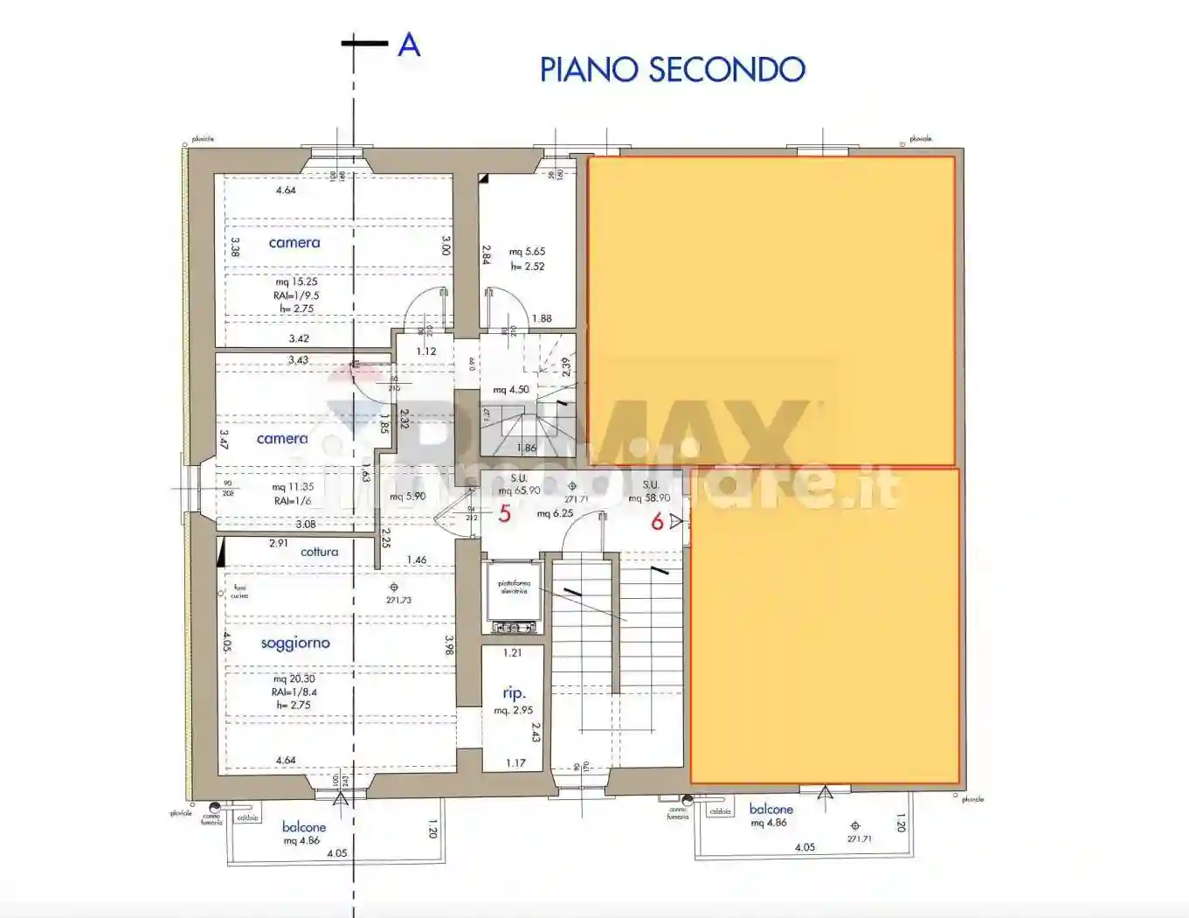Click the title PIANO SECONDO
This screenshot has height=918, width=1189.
(672, 70)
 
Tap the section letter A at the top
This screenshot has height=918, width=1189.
(409, 45)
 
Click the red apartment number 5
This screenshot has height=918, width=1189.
(504, 514)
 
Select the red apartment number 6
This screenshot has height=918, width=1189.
(657, 522)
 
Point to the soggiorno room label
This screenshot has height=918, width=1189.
(295, 643)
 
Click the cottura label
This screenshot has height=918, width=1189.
(319, 552)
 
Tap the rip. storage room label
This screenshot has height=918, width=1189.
(514, 693)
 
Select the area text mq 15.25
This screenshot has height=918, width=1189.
(296, 282)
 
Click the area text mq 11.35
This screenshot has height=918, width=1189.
(293, 487)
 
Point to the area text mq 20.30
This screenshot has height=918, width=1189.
(294, 678)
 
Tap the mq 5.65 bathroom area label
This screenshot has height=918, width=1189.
(527, 252)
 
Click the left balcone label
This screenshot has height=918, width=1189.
(304, 827)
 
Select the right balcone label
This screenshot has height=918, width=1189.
(771, 810)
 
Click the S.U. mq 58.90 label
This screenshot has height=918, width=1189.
(649, 491)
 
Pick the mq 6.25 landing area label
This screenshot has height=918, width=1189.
(555, 513)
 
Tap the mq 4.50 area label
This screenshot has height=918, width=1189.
(511, 390)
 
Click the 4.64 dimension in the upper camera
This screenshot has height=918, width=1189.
(286, 190)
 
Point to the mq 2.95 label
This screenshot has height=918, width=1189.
(513, 711)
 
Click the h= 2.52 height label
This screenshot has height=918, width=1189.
(528, 267)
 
